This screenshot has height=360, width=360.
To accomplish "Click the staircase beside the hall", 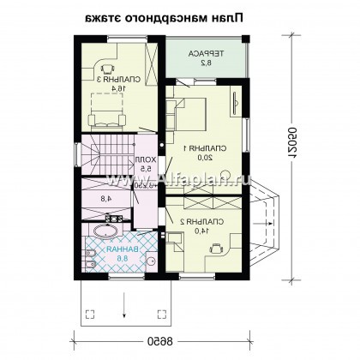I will click(x=106, y=158).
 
